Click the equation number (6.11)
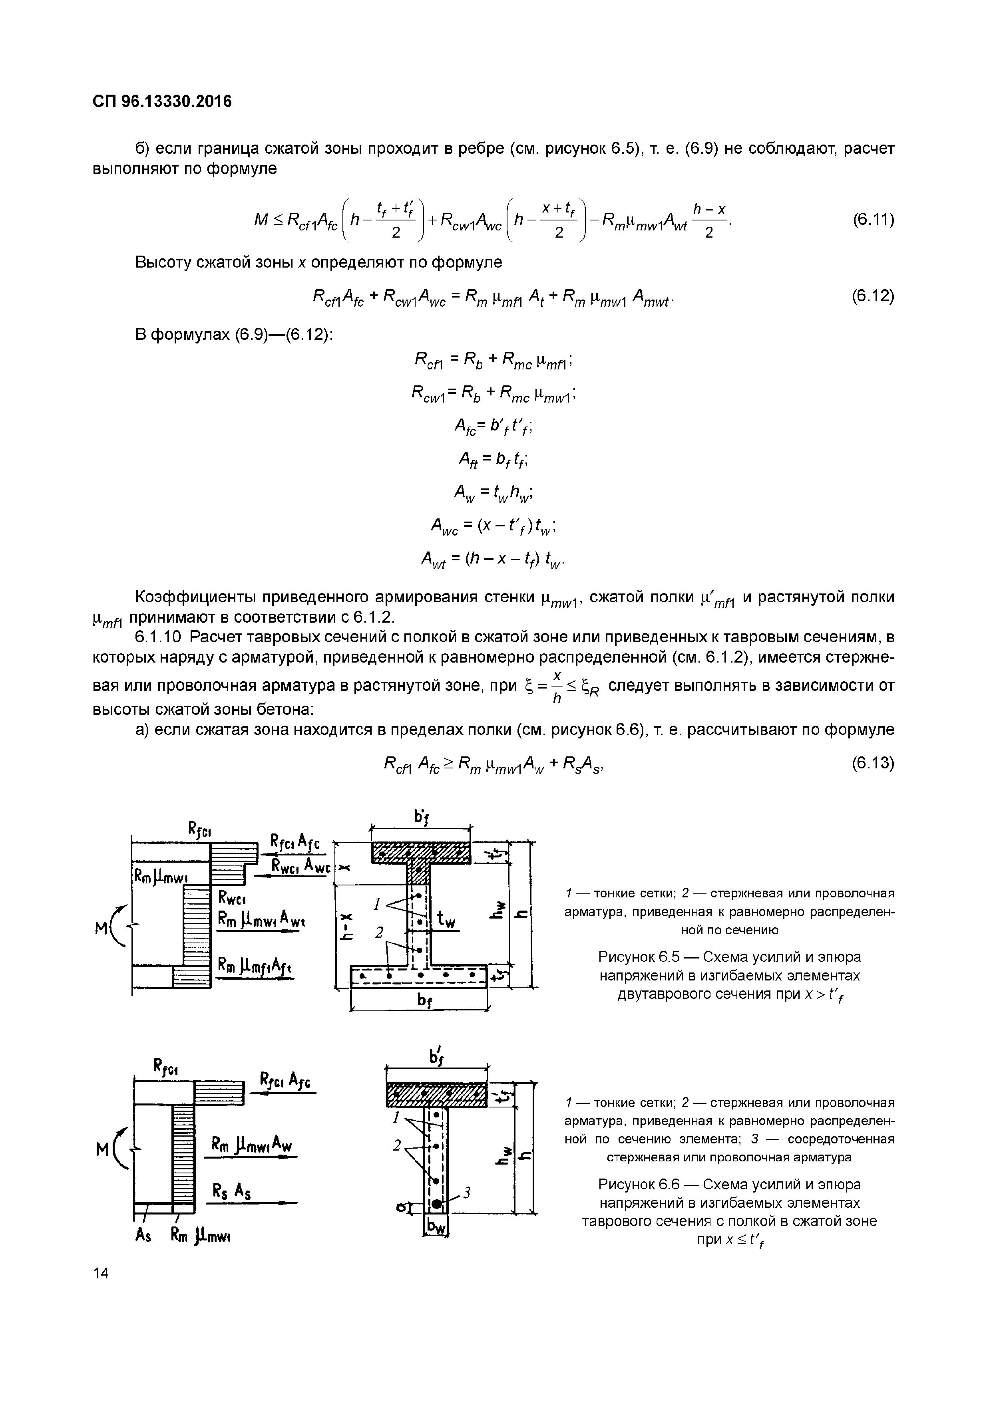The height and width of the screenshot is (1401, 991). [x=873, y=219]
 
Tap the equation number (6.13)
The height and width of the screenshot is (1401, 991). [x=873, y=763]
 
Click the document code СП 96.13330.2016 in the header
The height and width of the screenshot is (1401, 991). [x=162, y=101]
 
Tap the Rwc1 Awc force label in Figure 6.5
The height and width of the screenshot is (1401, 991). [x=301, y=867]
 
